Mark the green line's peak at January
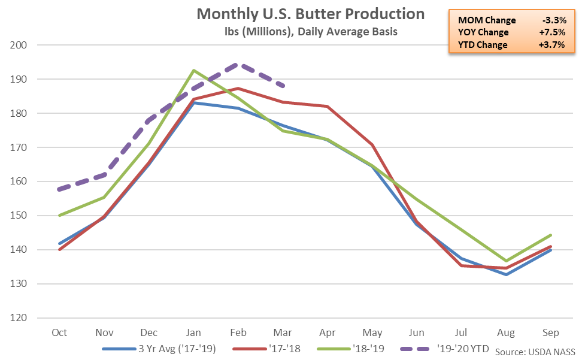point(193,70)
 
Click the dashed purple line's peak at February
point(238,63)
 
